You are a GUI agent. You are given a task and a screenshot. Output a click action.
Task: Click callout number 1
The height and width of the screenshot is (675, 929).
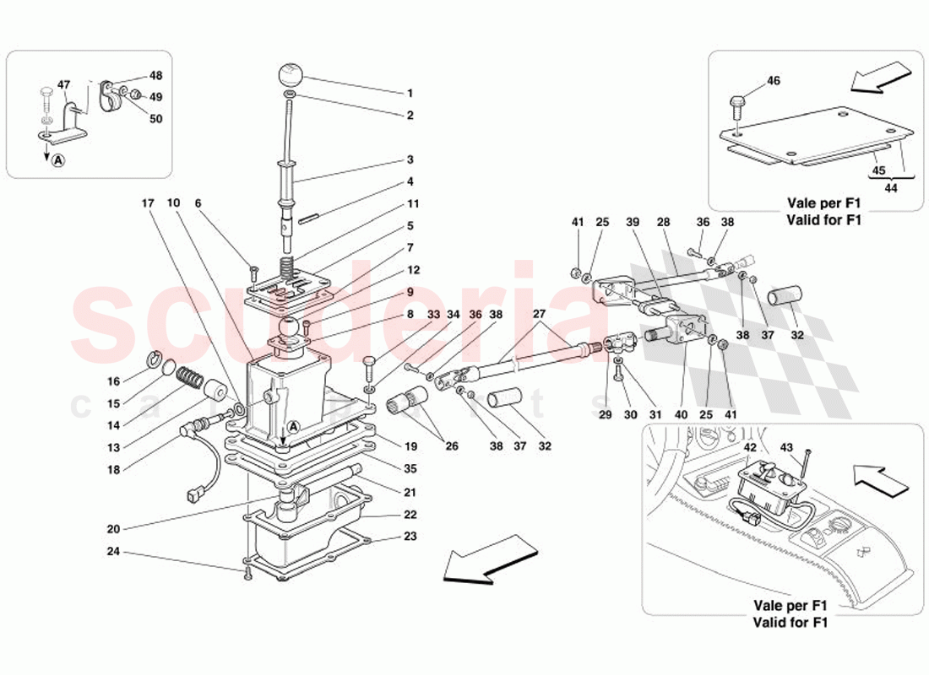click(x=410, y=94)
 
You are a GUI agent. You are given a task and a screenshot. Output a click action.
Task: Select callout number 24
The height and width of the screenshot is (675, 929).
click(x=113, y=553)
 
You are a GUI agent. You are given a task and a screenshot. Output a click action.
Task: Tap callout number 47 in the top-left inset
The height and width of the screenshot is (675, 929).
click(x=64, y=85)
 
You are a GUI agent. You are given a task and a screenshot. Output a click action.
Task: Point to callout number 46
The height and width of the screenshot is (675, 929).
click(x=774, y=81)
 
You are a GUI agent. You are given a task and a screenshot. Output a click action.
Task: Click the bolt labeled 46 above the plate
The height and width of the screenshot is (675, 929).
click(x=738, y=107)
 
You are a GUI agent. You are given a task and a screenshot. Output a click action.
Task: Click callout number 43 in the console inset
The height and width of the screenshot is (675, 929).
click(x=786, y=447)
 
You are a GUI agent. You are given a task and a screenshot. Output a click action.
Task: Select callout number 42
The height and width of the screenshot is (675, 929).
click(x=750, y=447)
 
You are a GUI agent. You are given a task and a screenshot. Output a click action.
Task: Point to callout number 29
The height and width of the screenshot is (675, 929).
click(x=605, y=415)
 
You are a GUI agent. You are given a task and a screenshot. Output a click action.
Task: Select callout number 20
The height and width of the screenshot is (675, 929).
click(x=113, y=529)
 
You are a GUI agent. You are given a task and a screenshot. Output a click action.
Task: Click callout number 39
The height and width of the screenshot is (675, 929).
click(x=633, y=222)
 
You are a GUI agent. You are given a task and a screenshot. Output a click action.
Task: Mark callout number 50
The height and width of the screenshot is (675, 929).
click(x=155, y=119)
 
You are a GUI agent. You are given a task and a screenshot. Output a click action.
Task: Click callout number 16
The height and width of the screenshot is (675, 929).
click(x=113, y=381)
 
